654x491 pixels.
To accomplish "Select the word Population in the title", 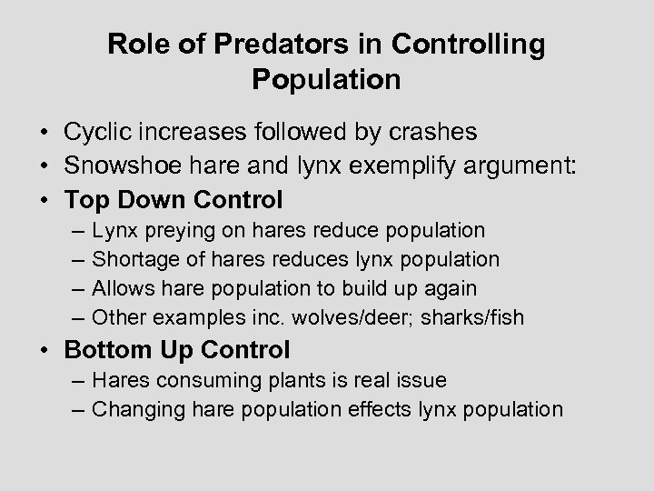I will (x=326, y=80).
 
